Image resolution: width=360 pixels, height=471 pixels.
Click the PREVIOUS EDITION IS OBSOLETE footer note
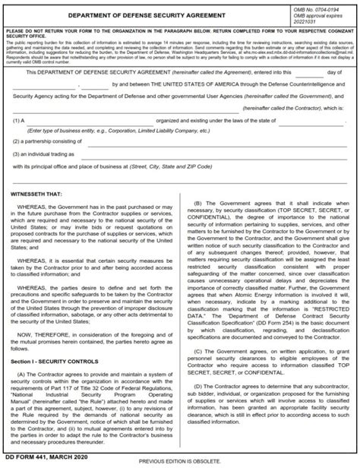pos(180,462)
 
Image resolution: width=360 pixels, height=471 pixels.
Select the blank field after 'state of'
pos(314,120)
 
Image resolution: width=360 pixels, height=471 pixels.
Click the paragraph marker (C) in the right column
pos(200,373)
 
